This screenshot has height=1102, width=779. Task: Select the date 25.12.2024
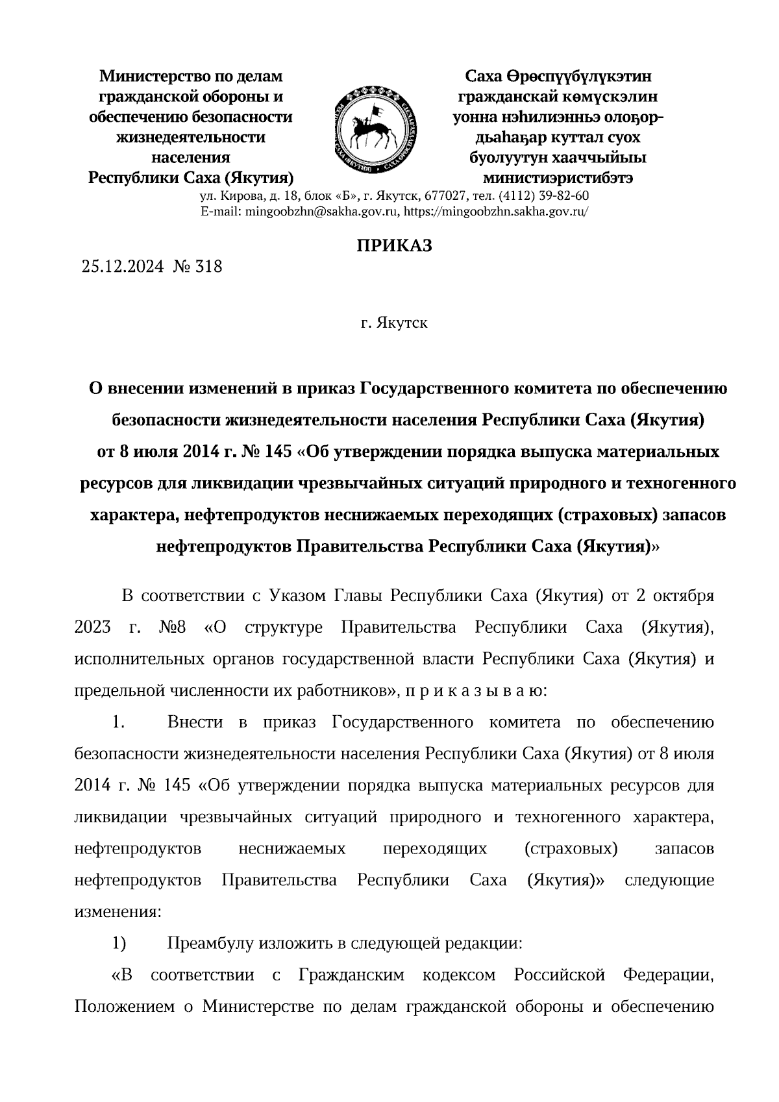123,266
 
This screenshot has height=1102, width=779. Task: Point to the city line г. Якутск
394,323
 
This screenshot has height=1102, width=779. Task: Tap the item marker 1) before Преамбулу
119,943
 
